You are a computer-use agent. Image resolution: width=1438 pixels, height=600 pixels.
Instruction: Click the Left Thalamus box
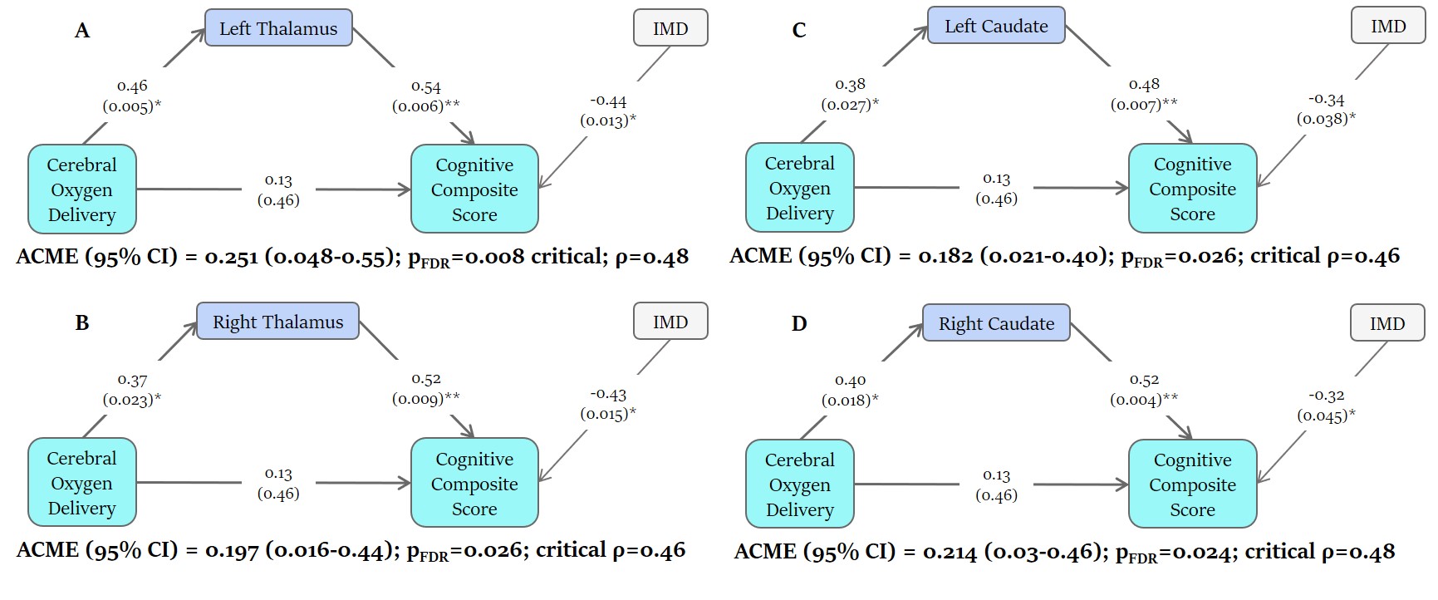[x=278, y=28]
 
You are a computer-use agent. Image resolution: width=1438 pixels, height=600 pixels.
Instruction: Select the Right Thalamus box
[x=277, y=322]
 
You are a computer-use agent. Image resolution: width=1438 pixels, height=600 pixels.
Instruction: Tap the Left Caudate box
[x=996, y=26]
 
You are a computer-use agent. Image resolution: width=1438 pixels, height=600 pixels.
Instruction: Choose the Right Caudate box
[x=996, y=323]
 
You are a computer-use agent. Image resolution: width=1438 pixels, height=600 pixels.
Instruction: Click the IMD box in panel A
[x=670, y=28]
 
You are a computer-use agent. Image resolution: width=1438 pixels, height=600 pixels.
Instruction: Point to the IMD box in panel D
[x=1387, y=323]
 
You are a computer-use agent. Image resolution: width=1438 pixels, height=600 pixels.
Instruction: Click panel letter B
[x=82, y=322]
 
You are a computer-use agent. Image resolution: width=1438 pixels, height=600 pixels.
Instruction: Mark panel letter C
[x=799, y=31]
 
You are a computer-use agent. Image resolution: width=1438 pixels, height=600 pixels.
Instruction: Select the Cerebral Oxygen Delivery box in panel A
[x=81, y=189]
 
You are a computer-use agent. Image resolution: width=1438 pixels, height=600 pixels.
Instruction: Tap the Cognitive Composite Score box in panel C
[x=1192, y=189]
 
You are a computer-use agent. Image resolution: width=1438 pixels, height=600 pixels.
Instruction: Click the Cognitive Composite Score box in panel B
[x=474, y=483]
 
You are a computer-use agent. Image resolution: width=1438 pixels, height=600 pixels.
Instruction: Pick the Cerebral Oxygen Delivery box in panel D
[x=799, y=484]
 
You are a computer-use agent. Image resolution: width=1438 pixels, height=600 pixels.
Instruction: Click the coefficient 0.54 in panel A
[x=425, y=86]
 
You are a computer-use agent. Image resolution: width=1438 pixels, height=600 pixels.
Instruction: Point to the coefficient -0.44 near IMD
[x=608, y=101]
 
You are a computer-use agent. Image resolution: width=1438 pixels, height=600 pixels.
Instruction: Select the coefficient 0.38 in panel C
[x=850, y=84]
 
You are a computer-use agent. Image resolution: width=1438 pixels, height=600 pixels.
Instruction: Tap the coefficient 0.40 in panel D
[x=850, y=380]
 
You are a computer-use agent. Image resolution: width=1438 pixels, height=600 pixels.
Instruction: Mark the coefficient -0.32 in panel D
[x=1326, y=396]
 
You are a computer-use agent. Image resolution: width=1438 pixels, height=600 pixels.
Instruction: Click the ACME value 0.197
[x=232, y=550]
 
